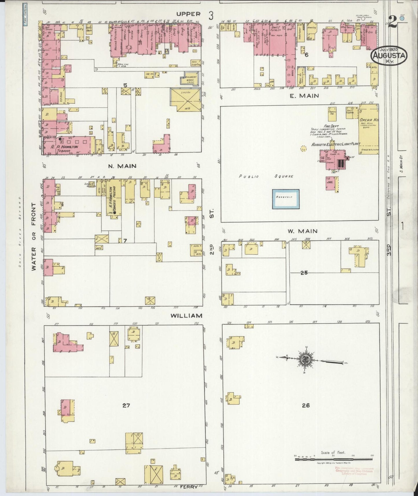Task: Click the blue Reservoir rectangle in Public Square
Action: (x=286, y=199)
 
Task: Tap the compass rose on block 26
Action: (x=305, y=360)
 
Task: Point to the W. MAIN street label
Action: (x=303, y=231)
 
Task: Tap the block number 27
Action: (x=126, y=405)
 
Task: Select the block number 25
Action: (x=304, y=272)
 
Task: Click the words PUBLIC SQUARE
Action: (x=266, y=176)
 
